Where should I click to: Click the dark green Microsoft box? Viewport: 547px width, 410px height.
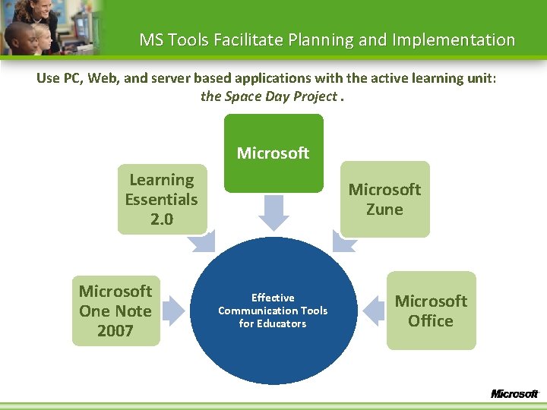click(273, 153)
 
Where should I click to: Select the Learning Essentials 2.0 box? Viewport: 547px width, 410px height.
click(162, 199)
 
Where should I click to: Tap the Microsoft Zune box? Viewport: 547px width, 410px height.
click(384, 199)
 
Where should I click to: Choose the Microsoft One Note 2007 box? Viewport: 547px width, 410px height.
click(115, 311)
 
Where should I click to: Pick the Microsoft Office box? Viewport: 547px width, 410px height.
click(431, 311)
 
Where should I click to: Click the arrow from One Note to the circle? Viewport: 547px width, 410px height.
click(174, 310)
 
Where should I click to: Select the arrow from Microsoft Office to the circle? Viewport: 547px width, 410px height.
click(372, 310)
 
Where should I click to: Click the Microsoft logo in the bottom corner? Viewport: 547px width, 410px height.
click(514, 393)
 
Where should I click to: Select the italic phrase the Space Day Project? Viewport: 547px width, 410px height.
click(268, 96)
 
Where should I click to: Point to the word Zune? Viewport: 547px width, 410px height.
click(384, 210)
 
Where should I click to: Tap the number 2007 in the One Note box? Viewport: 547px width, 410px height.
click(115, 331)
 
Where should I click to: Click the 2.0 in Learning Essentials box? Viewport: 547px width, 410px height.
click(162, 219)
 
